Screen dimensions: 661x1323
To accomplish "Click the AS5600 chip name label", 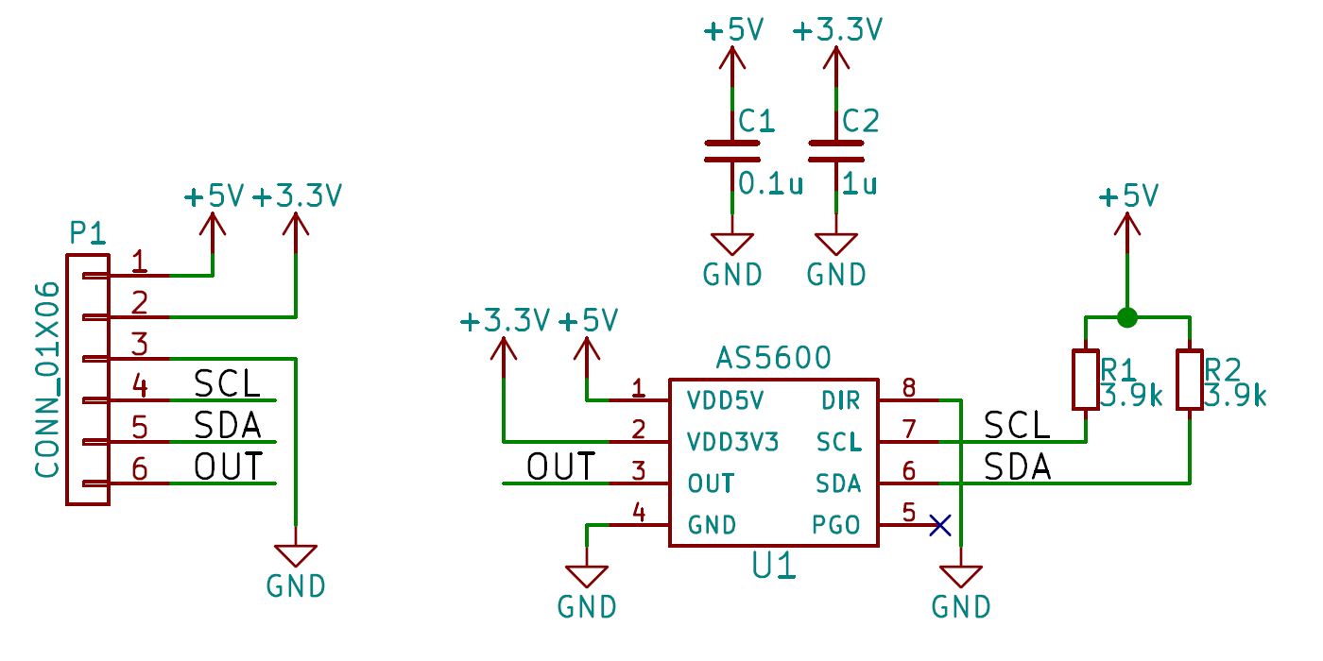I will [773, 358].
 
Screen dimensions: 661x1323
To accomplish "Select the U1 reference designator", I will [774, 566].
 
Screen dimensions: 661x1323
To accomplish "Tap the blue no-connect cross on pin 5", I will [939, 525].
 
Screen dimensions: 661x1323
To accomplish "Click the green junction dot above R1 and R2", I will [1126, 317].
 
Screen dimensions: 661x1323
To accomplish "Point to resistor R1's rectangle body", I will [1085, 380].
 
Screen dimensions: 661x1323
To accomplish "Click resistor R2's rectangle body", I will [1189, 380].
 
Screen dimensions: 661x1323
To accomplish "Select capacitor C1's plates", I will [731, 152].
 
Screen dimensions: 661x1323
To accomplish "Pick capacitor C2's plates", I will [835, 152].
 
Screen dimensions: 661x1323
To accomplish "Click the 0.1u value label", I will [770, 183].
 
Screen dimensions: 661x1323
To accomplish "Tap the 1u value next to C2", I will [859, 183].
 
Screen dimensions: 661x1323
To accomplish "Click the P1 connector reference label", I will [88, 232].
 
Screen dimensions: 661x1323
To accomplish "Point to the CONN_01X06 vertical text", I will [48, 378].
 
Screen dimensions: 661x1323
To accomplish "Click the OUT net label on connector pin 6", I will [228, 467].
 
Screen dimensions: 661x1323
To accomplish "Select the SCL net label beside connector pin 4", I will [228, 384].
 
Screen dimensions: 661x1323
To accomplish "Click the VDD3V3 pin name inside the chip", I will [732, 442].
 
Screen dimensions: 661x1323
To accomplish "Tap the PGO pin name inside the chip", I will [836, 525].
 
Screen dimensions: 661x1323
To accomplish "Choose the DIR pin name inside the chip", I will [841, 400].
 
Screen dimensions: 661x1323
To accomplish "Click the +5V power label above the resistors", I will [1128, 196].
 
